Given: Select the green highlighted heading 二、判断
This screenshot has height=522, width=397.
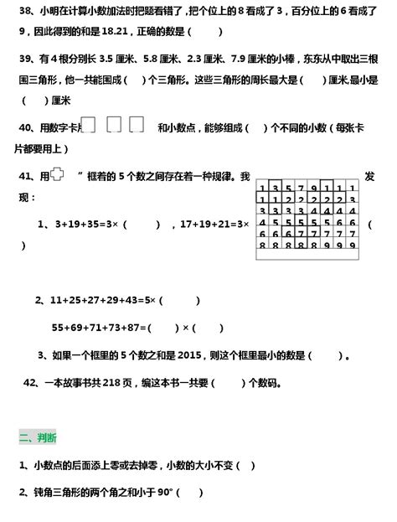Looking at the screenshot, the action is coord(38,437).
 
